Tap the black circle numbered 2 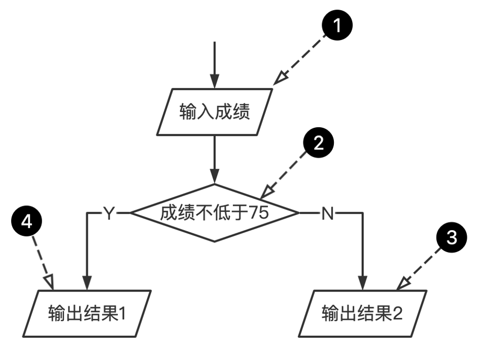[318, 144]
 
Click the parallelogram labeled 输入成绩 [215, 112]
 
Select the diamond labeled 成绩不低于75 [215, 213]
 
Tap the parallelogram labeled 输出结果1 [86, 313]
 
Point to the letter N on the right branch [327, 213]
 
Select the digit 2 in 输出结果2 [397, 314]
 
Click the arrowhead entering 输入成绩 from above [215, 82]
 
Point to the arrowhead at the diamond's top [215, 177]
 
